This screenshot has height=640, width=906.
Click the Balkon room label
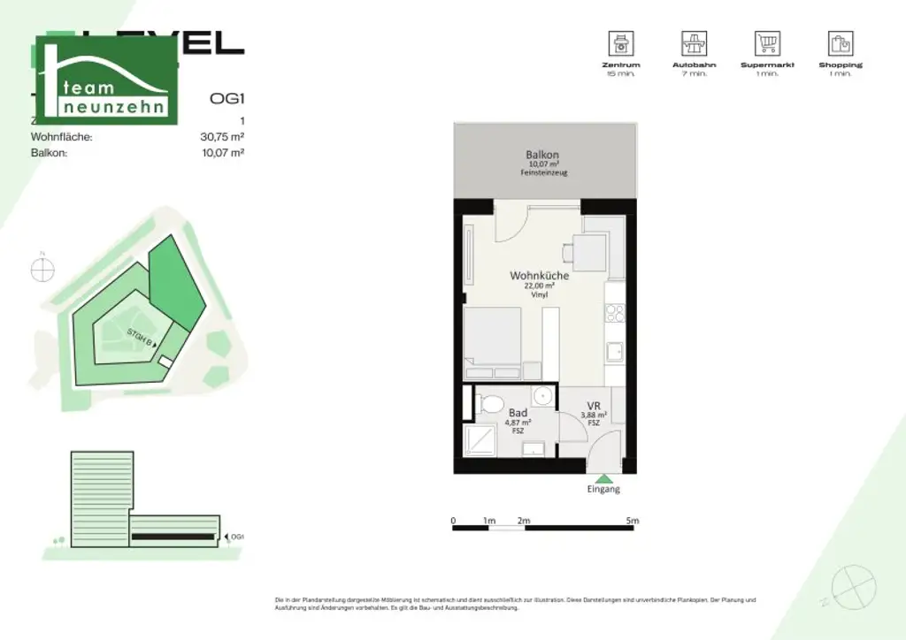tap(542, 156)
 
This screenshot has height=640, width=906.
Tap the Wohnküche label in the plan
tap(539, 276)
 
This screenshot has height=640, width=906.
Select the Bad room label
tap(518, 413)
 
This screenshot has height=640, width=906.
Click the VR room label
tap(594, 406)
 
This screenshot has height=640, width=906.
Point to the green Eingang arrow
tap(603, 477)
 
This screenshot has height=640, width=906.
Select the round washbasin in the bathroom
tap(542, 398)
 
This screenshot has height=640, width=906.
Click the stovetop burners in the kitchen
tap(615, 313)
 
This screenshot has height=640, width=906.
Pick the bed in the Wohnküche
tap(494, 340)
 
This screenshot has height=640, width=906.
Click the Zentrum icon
tap(620, 42)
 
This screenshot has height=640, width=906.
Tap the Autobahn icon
tap(694, 42)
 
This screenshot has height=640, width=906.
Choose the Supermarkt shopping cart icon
tap(767, 42)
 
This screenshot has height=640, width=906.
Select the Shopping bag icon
tap(840, 42)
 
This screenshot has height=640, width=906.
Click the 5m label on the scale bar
tap(632, 521)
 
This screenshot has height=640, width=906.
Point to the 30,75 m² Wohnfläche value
tap(222, 137)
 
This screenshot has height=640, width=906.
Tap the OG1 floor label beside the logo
tap(226, 98)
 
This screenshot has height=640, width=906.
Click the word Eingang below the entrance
tap(603, 489)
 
